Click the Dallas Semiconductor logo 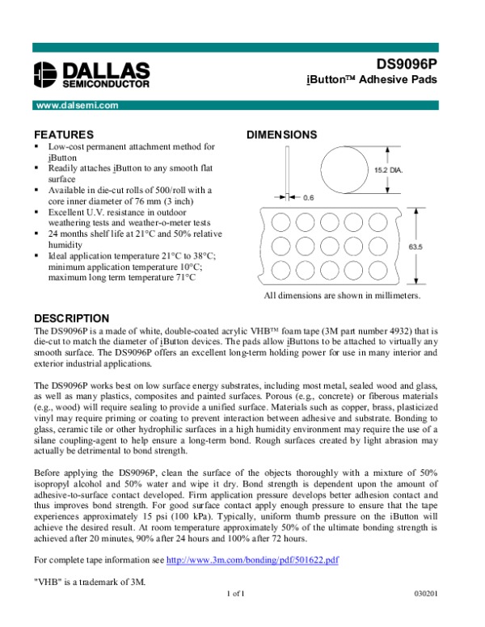click(92, 74)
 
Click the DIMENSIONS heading click(280, 134)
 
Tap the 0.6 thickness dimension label click(309, 196)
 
